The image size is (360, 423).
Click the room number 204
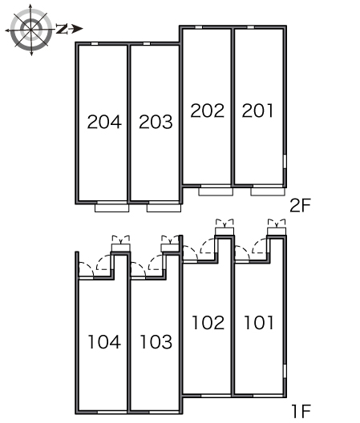tap(104, 122)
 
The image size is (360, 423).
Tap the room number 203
tap(156, 122)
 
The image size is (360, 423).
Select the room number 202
tap(208, 111)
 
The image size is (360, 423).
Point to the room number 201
tap(257, 111)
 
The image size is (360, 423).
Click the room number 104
tap(104, 342)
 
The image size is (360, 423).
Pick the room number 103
tap(156, 342)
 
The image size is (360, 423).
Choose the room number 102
tap(208, 322)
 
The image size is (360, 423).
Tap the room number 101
tap(259, 322)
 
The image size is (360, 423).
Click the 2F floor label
tap(300, 205)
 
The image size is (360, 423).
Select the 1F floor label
tap(301, 412)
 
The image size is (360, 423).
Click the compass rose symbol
tap(31, 29)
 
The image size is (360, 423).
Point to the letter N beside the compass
tap(62, 29)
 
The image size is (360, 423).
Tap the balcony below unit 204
tap(111, 208)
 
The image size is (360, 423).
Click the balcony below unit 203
tap(164, 208)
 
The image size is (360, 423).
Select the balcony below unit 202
tap(216, 191)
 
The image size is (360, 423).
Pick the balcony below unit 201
tap(268, 191)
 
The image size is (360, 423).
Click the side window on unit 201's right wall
tap(285, 162)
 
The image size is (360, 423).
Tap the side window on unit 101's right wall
tap(285, 371)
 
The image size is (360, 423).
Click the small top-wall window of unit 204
tap(95, 44)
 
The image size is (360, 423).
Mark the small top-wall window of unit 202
tap(199, 27)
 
